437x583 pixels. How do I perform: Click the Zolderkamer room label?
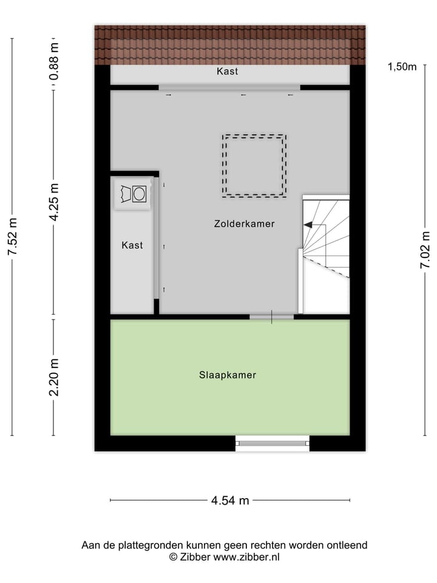(x=244, y=223)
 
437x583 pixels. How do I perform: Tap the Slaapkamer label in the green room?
(x=228, y=375)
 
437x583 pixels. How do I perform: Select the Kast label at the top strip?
(x=227, y=71)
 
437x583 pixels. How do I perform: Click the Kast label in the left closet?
(x=132, y=245)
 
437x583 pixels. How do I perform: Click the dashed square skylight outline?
(x=254, y=166)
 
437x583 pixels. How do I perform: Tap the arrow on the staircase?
(x=308, y=225)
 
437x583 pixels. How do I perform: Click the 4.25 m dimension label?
(x=55, y=203)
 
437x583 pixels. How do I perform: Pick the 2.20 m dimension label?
(x=55, y=377)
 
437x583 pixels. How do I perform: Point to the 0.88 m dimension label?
(x=55, y=61)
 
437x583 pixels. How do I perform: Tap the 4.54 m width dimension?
(x=230, y=500)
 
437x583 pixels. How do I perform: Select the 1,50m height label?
(x=402, y=67)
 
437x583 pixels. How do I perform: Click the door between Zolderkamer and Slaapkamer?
(x=271, y=316)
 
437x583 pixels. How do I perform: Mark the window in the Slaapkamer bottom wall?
(x=273, y=443)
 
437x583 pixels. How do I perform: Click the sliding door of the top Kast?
(x=229, y=87)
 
